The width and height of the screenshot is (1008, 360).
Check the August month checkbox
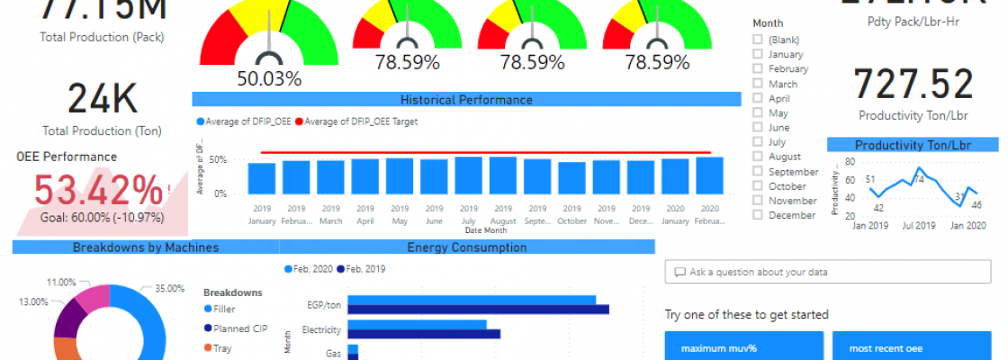758,157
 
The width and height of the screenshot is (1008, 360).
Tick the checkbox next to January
758,54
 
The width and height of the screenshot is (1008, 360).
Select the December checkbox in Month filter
758,215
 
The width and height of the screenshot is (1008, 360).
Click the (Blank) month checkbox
758,40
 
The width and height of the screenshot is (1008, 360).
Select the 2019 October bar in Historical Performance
572,178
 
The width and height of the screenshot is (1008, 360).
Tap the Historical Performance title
466,100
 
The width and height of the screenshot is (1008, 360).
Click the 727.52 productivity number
913,85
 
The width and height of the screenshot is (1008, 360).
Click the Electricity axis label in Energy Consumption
321,329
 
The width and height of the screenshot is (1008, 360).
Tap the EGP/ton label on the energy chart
324,305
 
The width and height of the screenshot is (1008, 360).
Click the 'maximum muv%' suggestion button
743,347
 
